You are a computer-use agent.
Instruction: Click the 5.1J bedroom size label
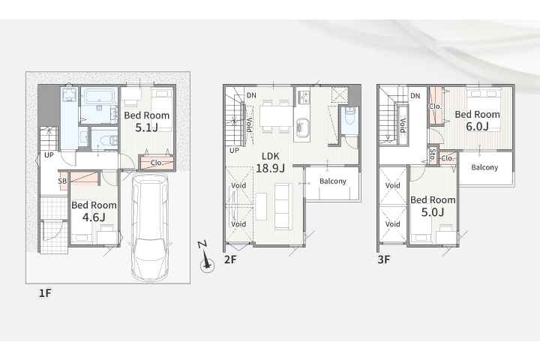click(x=147, y=127)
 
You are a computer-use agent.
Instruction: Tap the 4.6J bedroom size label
click(x=94, y=217)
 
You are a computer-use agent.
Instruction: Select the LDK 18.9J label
click(x=270, y=162)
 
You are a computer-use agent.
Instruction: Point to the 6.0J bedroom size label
click(x=477, y=127)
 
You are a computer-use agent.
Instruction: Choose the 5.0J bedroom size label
click(x=433, y=211)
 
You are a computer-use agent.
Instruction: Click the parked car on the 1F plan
click(x=150, y=227)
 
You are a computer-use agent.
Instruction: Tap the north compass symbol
click(x=206, y=257)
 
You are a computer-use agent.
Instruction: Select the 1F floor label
click(x=45, y=293)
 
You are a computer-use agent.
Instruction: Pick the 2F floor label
click(x=230, y=259)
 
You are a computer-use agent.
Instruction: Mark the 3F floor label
click(x=384, y=259)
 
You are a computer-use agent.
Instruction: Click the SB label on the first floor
click(x=62, y=181)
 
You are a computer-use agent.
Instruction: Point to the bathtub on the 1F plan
click(x=99, y=97)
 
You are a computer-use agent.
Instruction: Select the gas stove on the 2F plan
click(x=304, y=97)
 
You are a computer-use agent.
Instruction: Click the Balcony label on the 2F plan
click(x=333, y=181)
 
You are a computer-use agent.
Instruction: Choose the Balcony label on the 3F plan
click(x=484, y=167)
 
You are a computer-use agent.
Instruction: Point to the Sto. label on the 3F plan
click(x=433, y=155)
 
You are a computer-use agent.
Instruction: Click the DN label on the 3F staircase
click(x=415, y=95)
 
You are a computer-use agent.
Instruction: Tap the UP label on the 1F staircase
click(x=49, y=155)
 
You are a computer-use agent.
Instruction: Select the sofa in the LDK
click(x=283, y=207)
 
